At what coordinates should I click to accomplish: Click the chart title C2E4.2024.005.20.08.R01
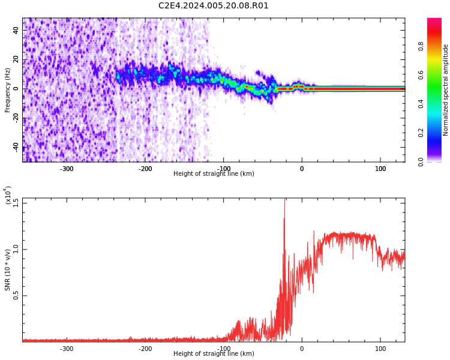pyautogui.click(x=213, y=6)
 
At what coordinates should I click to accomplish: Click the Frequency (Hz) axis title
pyautogui.click(x=7, y=90)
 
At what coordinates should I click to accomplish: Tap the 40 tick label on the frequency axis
pyautogui.click(x=16, y=30)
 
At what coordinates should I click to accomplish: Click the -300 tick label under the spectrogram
pyautogui.click(x=67, y=169)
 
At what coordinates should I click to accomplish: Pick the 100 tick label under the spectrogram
pyautogui.click(x=380, y=169)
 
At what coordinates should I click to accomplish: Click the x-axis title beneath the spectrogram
pyautogui.click(x=214, y=173)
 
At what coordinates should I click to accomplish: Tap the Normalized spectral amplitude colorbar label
pyautogui.click(x=445, y=90)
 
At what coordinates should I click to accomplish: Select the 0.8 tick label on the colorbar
pyautogui.click(x=421, y=46)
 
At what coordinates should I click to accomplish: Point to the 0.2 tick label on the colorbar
pyautogui.click(x=421, y=133)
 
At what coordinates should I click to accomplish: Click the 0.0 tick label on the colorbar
pyautogui.click(x=421, y=161)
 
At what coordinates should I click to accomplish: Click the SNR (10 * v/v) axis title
pyautogui.click(x=7, y=269)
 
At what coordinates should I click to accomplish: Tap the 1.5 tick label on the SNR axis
pyautogui.click(x=16, y=203)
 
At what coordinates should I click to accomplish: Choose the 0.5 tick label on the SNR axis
pyautogui.click(x=16, y=295)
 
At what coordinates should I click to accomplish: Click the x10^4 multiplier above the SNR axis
pyautogui.click(x=8, y=195)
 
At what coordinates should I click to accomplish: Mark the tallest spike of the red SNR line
pyautogui.click(x=284, y=199)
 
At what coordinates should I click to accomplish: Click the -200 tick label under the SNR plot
pyautogui.click(x=145, y=349)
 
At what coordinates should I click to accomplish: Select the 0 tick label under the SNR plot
pyautogui.click(x=302, y=349)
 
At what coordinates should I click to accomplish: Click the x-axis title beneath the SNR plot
pyautogui.click(x=214, y=353)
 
